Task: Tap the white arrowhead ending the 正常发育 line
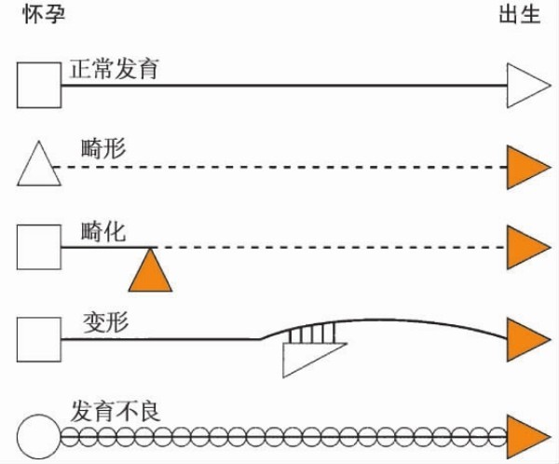(x=525, y=86)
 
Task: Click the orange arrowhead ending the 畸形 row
(x=525, y=167)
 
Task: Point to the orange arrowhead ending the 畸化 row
(x=525, y=248)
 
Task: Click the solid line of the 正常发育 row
(x=279, y=86)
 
